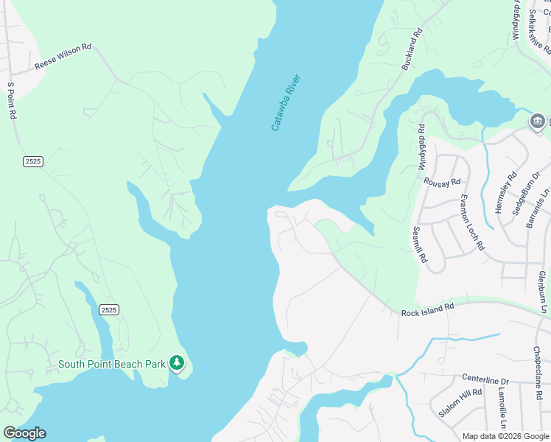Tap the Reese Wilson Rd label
pos(63,57)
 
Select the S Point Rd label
pos(11,101)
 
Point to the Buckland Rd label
pos(413,50)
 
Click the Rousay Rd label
pos(443,181)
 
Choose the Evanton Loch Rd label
pos(472,222)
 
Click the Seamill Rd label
pos(421,245)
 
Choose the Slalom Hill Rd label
pos(460,402)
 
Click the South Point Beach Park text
pos(112,363)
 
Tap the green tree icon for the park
pos(177,362)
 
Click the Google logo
pos(24,433)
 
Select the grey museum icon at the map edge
pos(538,122)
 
